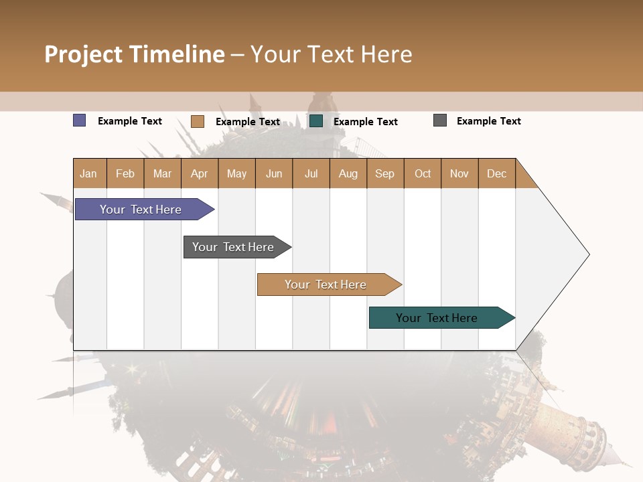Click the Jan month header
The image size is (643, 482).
[x=88, y=173]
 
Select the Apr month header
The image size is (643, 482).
[x=199, y=173]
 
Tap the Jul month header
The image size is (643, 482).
[x=311, y=173]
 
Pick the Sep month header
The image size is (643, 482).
[x=384, y=173]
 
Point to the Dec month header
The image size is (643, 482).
[x=496, y=173]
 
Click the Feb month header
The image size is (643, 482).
[x=125, y=173]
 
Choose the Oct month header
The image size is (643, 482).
[x=423, y=173]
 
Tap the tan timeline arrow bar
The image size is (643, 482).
[x=326, y=285]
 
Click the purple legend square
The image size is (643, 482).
[x=79, y=120]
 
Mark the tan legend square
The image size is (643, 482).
[x=197, y=121]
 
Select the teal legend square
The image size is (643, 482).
[x=316, y=121]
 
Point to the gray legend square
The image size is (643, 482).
[x=440, y=120]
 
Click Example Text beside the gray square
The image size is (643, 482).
[x=488, y=121]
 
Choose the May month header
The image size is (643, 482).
[x=236, y=173]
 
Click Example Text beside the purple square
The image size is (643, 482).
[x=130, y=121]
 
